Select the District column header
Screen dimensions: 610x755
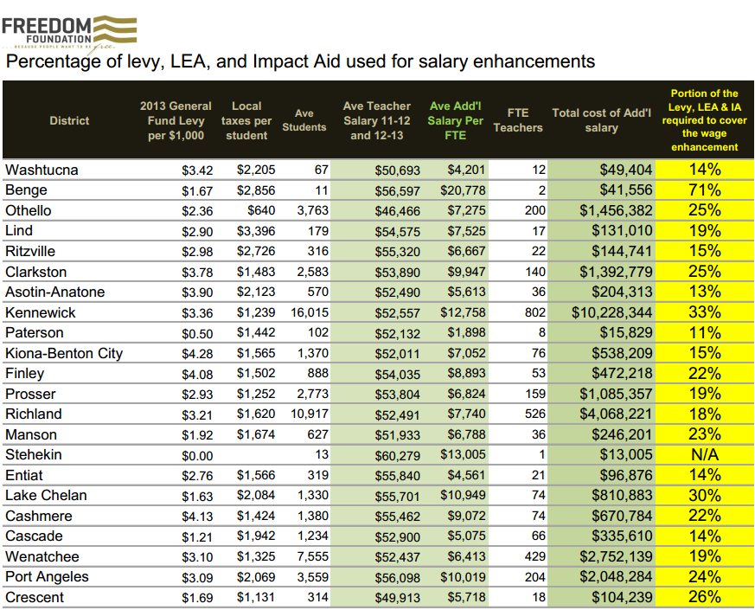pyautogui.click(x=69, y=120)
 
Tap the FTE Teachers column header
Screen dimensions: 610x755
pyautogui.click(x=518, y=120)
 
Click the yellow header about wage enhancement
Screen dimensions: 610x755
pyautogui.click(x=704, y=120)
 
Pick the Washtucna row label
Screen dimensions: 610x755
pyautogui.click(x=42, y=170)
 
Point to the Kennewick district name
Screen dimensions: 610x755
pyautogui.click(x=41, y=312)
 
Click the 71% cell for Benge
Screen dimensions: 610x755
pyautogui.click(x=704, y=190)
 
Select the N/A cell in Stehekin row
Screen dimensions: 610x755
pyautogui.click(x=704, y=454)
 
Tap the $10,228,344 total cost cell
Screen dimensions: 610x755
pyautogui.click(x=611, y=312)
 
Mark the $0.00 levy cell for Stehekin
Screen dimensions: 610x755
pyautogui.click(x=196, y=454)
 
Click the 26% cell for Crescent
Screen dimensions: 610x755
pyautogui.click(x=704, y=597)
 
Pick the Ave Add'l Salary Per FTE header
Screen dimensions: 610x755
pyautogui.click(x=455, y=120)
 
